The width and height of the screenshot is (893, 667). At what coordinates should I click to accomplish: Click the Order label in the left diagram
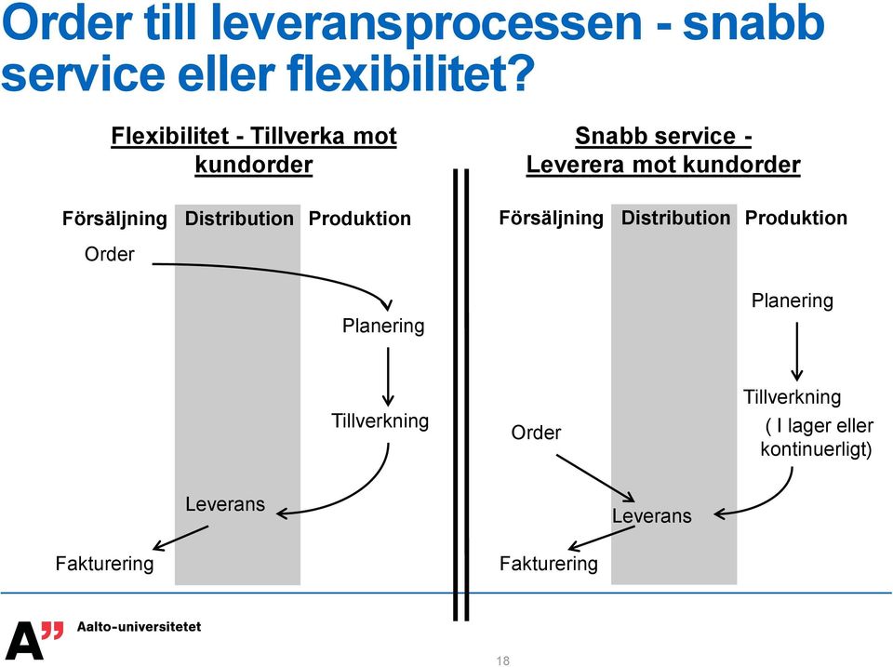pos(110,253)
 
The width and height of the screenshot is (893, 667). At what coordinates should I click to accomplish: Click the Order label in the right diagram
pos(536,433)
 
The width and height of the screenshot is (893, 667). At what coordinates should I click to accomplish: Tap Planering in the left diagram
pos(383,326)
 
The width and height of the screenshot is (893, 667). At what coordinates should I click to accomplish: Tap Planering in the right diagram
pos(793,300)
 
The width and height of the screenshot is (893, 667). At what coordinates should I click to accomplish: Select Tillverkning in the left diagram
pos(380,420)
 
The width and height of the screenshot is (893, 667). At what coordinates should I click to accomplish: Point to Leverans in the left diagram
pos(225,504)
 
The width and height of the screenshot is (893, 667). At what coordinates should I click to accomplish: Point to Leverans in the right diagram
pos(651,515)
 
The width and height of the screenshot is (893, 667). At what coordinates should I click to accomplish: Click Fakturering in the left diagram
pos(105,564)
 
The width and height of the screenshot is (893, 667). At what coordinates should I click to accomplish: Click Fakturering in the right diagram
pos(549,564)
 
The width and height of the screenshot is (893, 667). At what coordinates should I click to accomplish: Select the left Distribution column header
pos(239,219)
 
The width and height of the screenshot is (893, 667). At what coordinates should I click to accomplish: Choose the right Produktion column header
pos(796,218)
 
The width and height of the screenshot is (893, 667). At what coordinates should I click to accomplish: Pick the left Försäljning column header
pos(114,219)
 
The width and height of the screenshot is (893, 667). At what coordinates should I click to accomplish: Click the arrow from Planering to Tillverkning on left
pos(388,377)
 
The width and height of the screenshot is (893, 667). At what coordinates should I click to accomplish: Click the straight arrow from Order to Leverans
pos(595,478)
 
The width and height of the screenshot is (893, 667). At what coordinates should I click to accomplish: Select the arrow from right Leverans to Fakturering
pos(602,538)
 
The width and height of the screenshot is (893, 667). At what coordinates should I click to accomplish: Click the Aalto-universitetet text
pos(139,627)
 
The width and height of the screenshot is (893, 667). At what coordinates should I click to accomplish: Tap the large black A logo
pos(24,640)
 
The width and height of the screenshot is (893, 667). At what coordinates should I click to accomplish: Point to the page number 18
pos(503,660)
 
